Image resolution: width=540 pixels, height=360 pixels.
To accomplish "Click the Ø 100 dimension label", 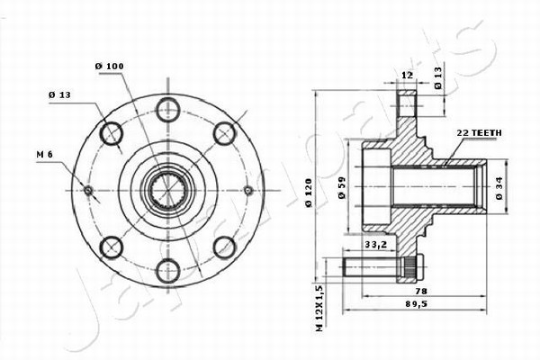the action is pos(110,66).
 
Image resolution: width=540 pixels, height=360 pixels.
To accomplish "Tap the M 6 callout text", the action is pos(44,155).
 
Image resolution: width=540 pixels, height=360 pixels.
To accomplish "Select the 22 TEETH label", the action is pos(479,132).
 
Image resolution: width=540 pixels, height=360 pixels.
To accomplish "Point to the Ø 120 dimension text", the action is pos(308,193).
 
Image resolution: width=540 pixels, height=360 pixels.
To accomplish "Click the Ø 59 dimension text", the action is pos(342,188).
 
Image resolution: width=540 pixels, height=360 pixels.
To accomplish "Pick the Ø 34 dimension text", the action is pos(499,188).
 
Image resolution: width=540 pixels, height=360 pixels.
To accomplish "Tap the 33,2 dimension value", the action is pos(376,245).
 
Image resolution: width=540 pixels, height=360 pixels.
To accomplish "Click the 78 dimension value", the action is pos(421,291).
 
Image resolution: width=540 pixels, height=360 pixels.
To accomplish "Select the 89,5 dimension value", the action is pos(416,304).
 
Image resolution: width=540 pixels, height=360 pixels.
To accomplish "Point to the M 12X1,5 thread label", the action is pos(319,309).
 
